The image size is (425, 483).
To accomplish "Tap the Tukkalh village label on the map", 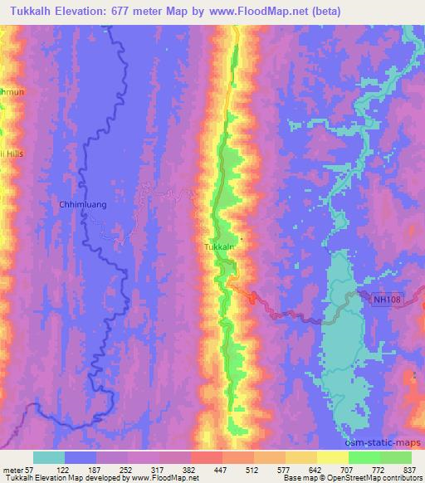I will coord(221,247).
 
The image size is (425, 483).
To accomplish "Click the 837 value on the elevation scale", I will coord(407,469).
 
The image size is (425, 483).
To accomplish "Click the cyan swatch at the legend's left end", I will coord(50,457).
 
